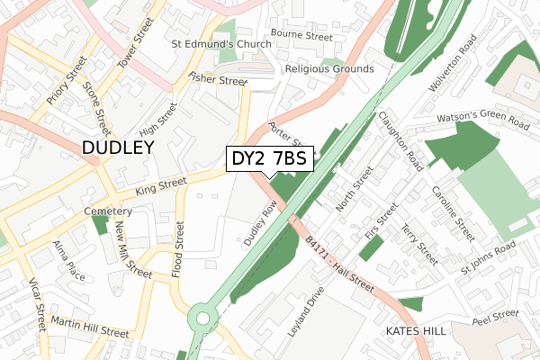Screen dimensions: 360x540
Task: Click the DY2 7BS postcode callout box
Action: point(269,158)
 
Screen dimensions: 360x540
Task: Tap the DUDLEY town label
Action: point(118,148)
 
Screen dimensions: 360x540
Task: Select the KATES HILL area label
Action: point(415,332)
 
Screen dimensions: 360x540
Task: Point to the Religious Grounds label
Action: point(328,68)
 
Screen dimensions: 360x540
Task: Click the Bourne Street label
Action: point(301,36)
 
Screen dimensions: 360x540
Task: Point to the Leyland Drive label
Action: point(305,311)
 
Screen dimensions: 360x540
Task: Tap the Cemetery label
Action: point(108,211)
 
